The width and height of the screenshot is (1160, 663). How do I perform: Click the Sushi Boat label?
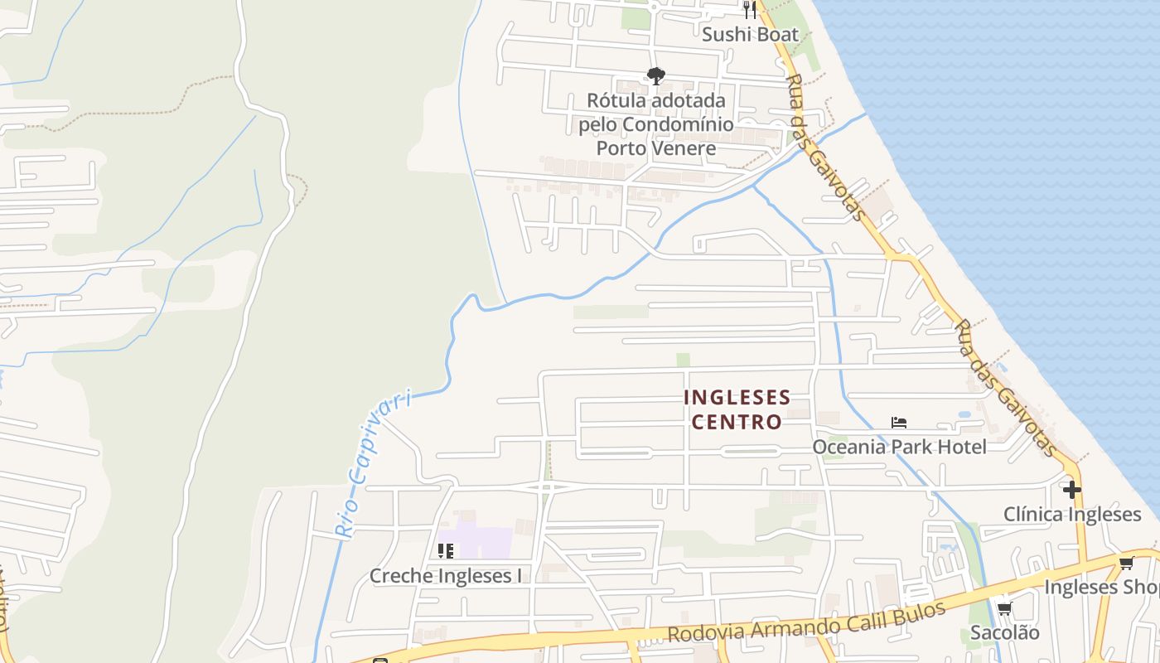(x=750, y=34)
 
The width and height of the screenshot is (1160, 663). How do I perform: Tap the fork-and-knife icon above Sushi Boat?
(x=750, y=9)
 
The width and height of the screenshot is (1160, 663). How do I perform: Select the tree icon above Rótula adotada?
(x=656, y=76)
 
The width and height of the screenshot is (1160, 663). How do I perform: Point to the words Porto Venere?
(x=656, y=148)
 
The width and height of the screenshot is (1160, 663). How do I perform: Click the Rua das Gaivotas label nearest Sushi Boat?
(x=825, y=148)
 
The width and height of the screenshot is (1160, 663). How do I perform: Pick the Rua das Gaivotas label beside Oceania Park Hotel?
(x=1005, y=388)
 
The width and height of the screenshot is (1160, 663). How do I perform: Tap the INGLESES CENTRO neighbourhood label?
(x=737, y=409)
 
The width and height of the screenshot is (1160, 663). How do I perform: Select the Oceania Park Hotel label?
(x=899, y=448)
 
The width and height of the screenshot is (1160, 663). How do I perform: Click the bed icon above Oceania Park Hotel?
(x=899, y=423)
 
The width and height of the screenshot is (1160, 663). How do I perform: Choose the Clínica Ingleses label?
(x=1072, y=515)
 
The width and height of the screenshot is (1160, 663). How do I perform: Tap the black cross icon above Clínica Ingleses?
(x=1072, y=490)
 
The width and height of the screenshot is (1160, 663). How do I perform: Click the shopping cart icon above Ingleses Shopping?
(x=1126, y=564)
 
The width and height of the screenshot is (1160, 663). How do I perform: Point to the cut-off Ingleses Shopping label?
(x=1101, y=587)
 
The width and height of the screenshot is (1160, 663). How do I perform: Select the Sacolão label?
(x=1004, y=632)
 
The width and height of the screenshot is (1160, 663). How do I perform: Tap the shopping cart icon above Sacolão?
(x=1004, y=609)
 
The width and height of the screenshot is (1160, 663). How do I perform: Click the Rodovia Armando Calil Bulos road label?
(x=806, y=622)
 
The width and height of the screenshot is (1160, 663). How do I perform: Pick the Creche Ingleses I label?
(x=446, y=576)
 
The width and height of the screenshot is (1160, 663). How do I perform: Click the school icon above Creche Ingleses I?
(x=446, y=551)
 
